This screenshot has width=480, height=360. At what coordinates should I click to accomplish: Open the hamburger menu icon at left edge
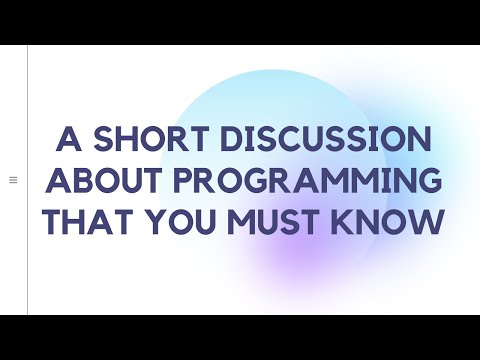[x=13, y=180]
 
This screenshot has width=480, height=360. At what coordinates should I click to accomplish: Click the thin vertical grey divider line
[x=27, y=180]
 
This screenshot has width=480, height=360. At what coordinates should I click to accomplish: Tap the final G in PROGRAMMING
[x=426, y=182]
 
